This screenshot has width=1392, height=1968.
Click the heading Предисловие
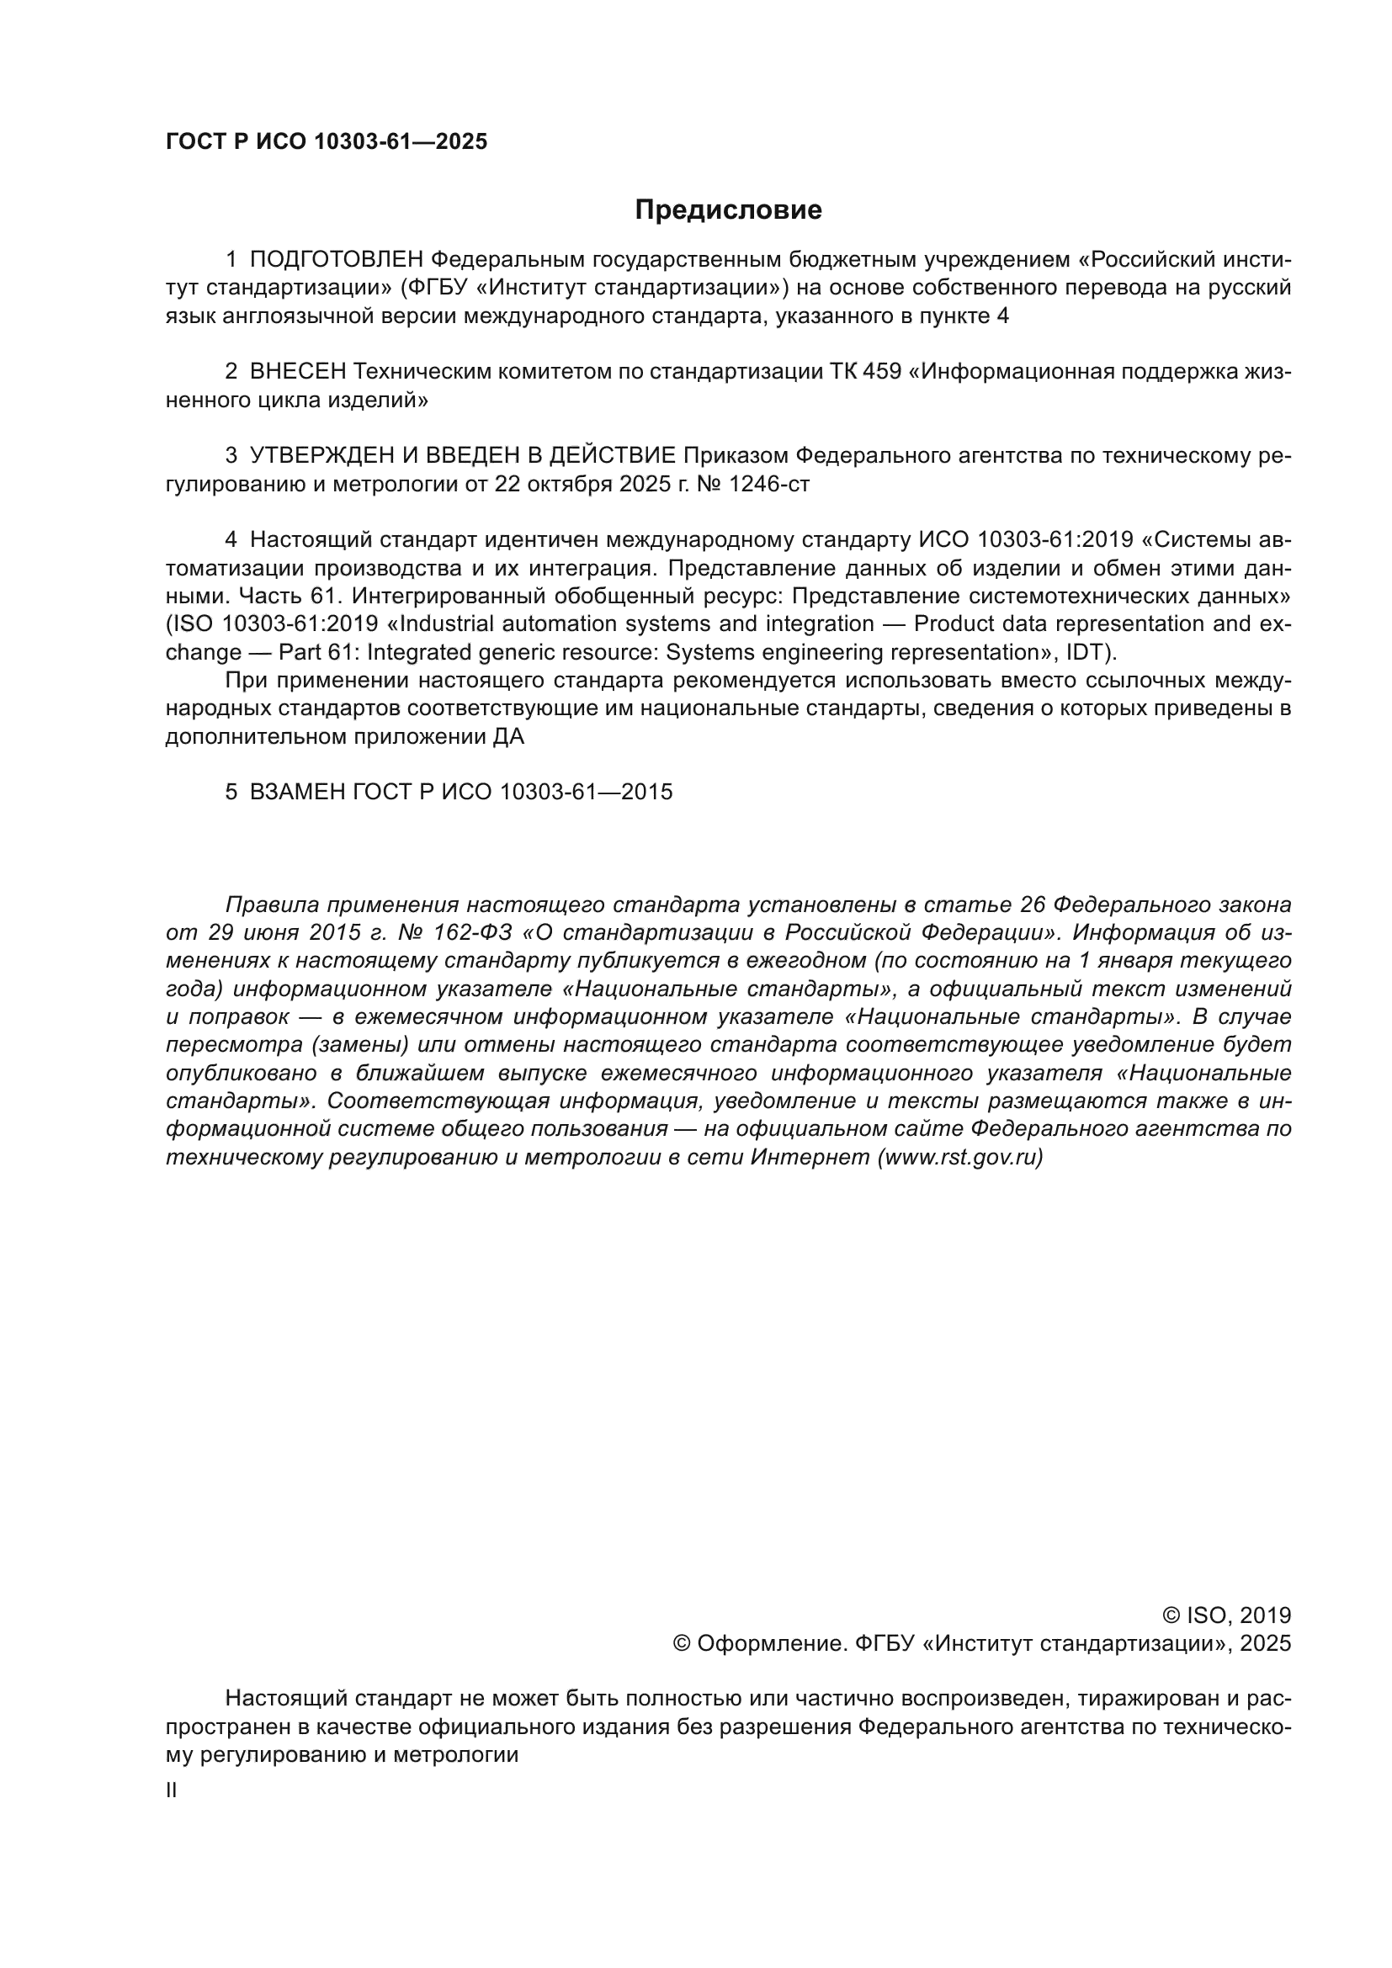point(728,210)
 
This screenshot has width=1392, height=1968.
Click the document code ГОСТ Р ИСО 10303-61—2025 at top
point(326,142)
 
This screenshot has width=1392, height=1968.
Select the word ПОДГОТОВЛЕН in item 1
point(336,259)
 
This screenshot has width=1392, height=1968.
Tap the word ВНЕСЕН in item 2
point(297,371)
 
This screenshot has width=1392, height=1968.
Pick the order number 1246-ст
point(768,485)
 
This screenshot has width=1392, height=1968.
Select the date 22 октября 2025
point(582,485)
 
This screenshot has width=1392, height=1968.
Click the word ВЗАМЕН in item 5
point(297,791)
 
